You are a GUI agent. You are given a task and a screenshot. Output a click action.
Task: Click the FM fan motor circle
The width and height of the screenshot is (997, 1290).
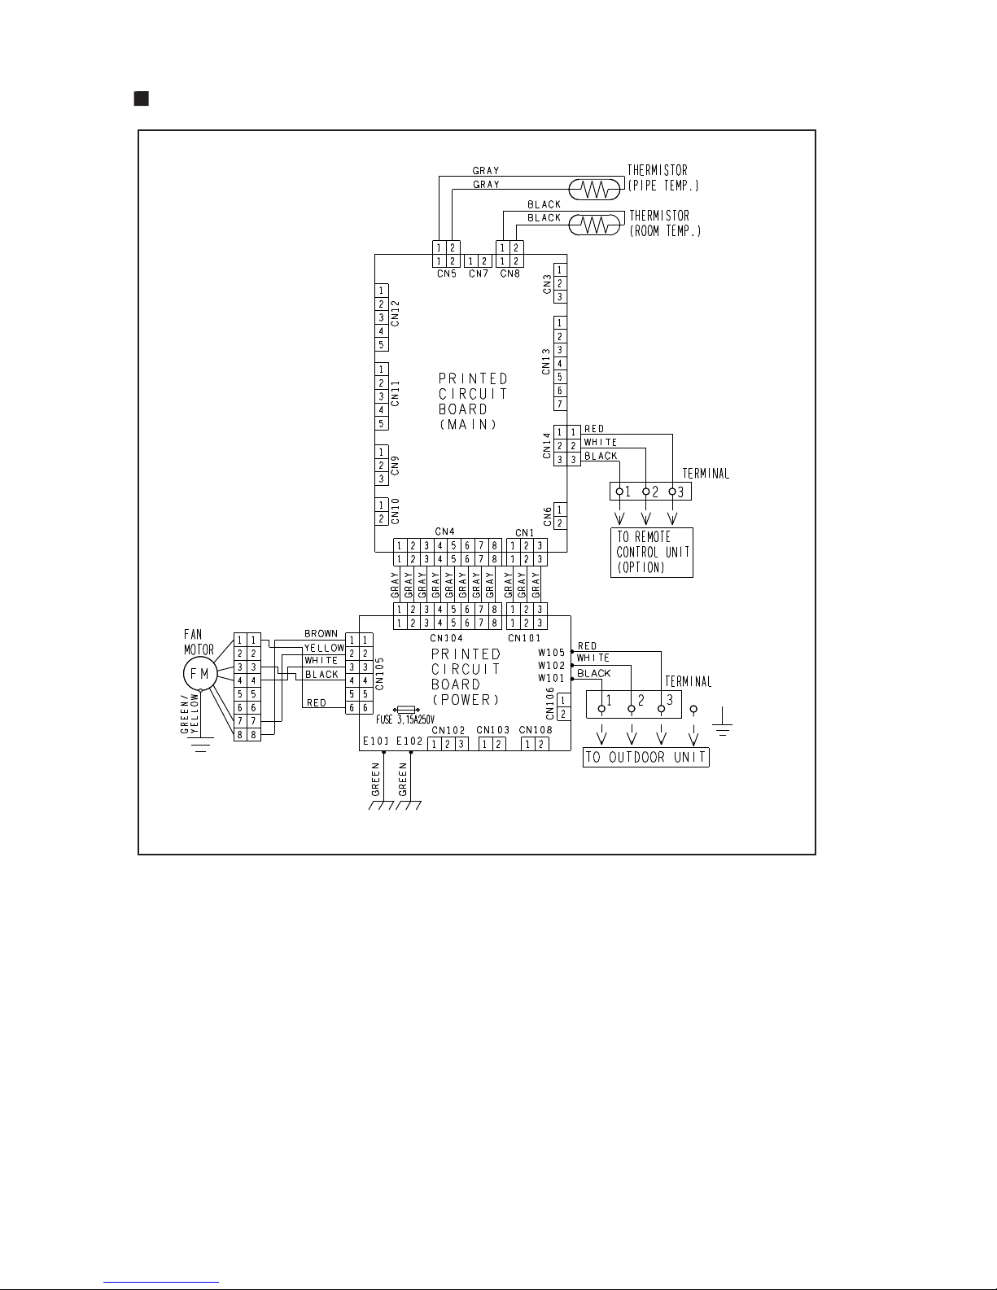199,674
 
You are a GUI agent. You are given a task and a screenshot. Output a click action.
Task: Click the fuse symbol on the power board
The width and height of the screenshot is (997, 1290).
406,710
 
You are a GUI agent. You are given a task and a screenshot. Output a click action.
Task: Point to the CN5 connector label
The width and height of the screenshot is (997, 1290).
446,274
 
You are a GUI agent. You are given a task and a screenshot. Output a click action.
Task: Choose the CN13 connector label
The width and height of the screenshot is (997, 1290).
547,361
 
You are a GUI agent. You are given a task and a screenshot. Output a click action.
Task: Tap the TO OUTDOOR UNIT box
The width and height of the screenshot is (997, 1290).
646,758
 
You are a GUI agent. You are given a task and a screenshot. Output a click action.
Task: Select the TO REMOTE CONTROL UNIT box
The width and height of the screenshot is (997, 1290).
651,553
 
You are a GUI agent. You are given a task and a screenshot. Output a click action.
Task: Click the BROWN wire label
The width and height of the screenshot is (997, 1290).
321,634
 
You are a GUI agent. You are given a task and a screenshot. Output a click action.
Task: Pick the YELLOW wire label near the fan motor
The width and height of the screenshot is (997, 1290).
324,648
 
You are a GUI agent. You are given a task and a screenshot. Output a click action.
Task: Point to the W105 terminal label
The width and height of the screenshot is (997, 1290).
551,653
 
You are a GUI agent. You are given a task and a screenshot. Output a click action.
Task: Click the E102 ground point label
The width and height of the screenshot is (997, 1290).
409,741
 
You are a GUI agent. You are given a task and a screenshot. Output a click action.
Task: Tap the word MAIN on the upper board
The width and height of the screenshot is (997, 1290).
467,425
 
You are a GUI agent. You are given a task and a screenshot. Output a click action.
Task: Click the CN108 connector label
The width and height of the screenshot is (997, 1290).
536,730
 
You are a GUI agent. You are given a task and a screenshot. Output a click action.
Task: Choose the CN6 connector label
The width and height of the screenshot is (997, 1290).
547,516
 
